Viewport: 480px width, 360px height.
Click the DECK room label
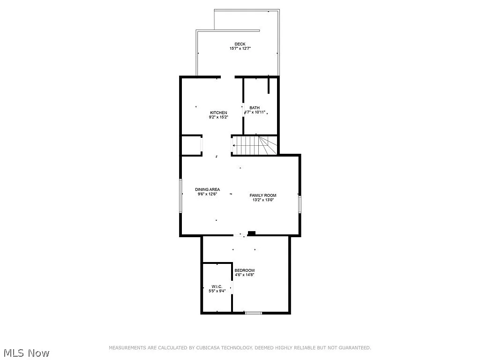[240, 44]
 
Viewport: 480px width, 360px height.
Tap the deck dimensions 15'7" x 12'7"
[240, 48]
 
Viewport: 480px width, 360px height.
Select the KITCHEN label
[218, 112]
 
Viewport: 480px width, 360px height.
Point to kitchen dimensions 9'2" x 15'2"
[218, 117]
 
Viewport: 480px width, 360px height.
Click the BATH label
[255, 108]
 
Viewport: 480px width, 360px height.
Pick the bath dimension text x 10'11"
[257, 112]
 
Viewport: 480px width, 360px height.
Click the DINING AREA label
[207, 189]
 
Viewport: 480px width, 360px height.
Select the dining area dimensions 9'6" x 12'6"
[207, 194]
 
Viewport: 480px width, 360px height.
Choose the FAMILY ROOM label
[262, 195]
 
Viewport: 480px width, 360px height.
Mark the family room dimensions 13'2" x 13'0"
[262, 200]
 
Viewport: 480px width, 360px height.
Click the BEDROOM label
[244, 270]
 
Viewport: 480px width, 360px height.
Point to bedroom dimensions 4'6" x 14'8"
[244, 275]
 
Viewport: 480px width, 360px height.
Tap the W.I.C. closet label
[217, 286]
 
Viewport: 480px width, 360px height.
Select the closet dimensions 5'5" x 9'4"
[217, 291]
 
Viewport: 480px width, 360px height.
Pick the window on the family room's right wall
[300, 204]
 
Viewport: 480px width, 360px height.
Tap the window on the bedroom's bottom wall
[254, 312]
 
